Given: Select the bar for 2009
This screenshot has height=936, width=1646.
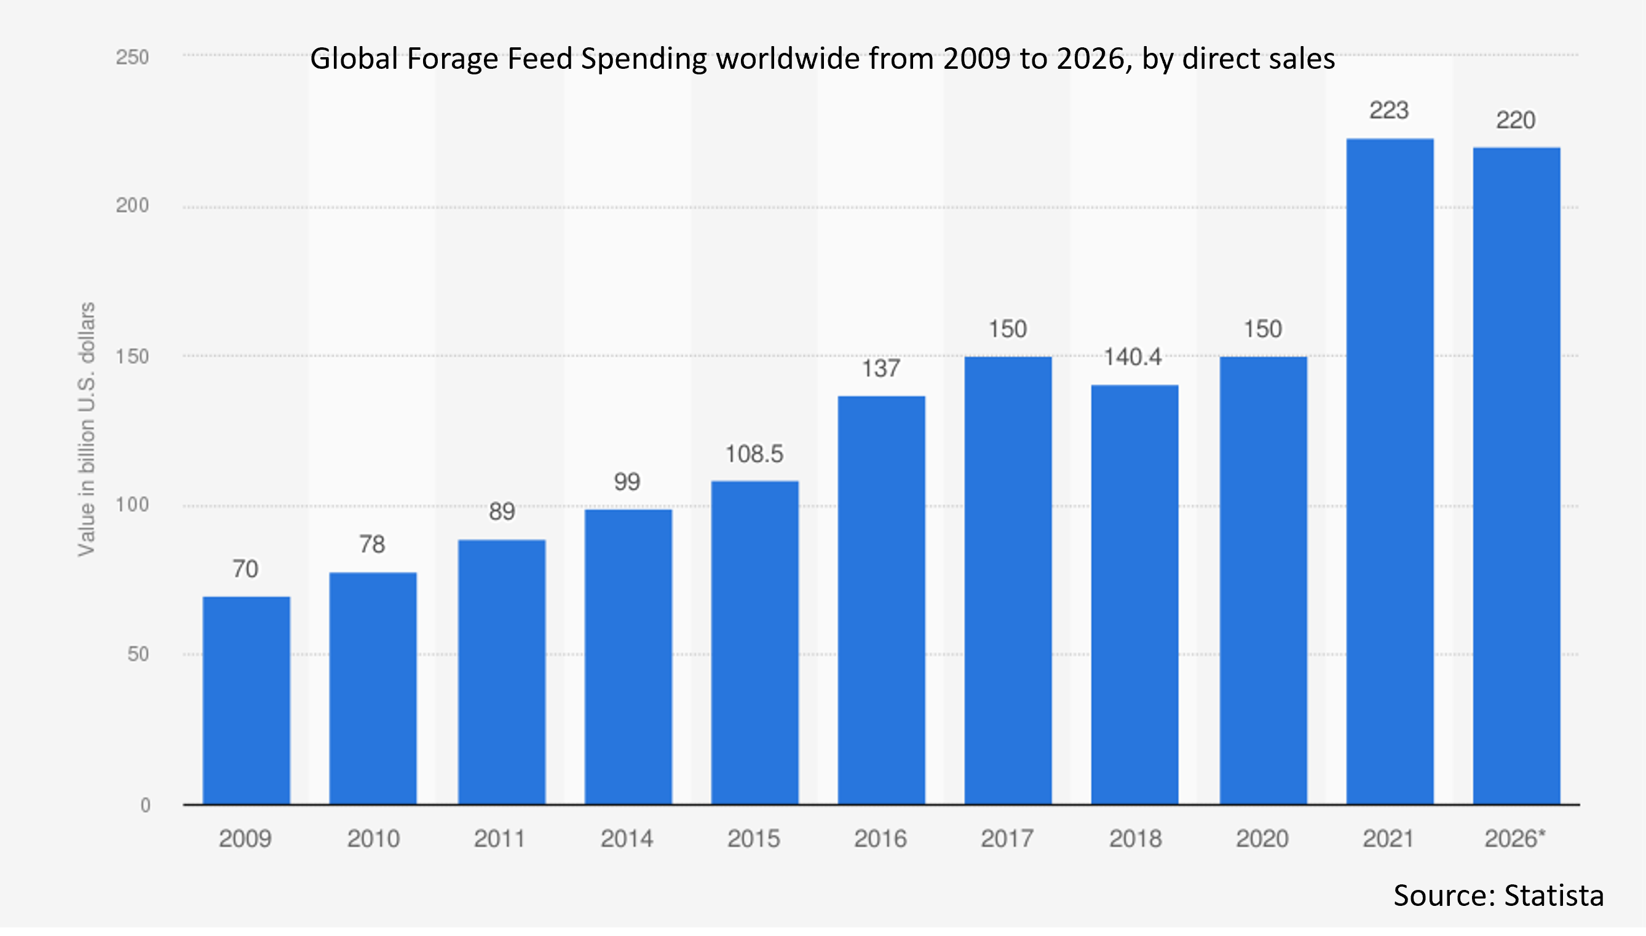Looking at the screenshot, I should [247, 700].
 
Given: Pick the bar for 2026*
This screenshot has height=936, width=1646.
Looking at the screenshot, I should [1516, 476].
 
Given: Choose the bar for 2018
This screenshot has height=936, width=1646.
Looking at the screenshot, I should [1134, 595].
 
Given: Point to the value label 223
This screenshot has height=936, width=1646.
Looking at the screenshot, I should [1389, 111].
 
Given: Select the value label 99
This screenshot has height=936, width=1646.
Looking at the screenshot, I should [627, 482].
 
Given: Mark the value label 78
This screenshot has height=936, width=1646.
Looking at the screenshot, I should [371, 545].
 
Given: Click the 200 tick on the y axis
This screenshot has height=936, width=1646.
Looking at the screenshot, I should [132, 206].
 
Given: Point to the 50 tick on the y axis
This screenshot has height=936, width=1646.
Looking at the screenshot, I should [138, 655].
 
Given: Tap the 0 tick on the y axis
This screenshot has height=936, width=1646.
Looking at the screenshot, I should [145, 805].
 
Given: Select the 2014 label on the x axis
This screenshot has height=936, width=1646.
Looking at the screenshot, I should [627, 839].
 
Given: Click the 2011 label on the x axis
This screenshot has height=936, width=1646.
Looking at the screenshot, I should [500, 839].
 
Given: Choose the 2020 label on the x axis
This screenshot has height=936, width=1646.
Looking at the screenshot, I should [1262, 839].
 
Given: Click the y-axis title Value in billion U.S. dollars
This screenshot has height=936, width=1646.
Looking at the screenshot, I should [86, 429].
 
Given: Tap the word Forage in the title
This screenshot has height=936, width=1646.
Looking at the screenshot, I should [452, 59].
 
